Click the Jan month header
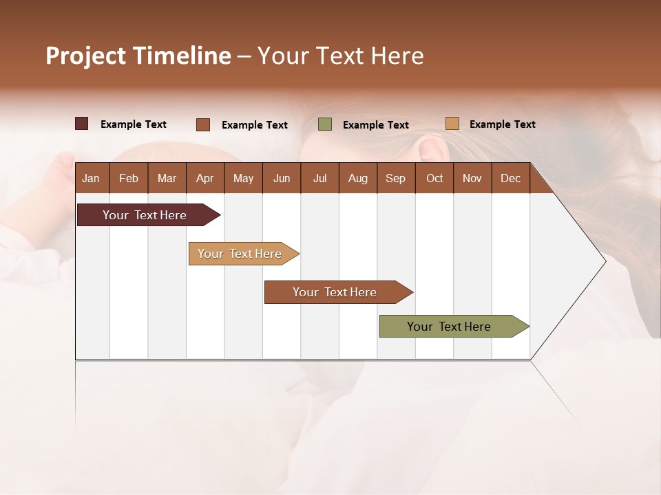pos(91,179)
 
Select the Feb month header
pos(129,179)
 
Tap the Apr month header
pos(204,179)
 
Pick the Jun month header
pos(282,179)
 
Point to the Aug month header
pos(357,179)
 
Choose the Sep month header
pos(395,179)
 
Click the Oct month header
pos(434,179)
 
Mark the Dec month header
pos(510,179)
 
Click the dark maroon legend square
pos(82,124)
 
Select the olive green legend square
pos(325,124)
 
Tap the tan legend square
pos(452,124)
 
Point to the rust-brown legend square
pos(203,124)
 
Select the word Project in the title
pos(86,56)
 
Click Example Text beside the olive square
pos(376,125)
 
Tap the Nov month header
pos(472,179)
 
